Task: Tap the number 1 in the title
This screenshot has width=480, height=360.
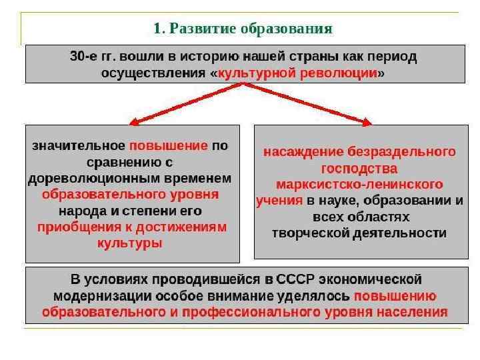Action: tap(157, 29)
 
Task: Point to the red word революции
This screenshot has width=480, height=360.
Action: tap(344, 73)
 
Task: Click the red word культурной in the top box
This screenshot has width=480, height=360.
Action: tap(263, 73)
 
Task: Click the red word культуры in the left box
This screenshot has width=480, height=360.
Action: tap(130, 243)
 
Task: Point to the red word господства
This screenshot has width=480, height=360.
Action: tap(359, 168)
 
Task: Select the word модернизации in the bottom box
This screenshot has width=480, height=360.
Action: tap(97, 295)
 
